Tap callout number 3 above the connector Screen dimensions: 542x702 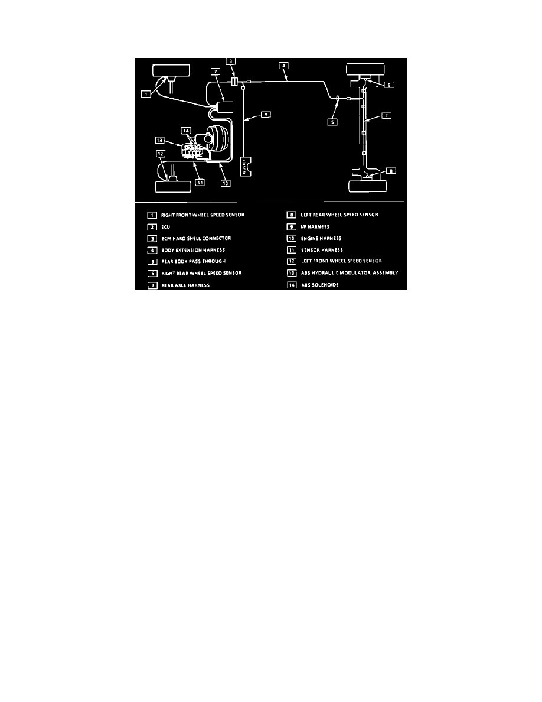[232, 61]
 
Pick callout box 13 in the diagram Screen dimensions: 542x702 [159, 140]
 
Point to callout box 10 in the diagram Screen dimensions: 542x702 [226, 183]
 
